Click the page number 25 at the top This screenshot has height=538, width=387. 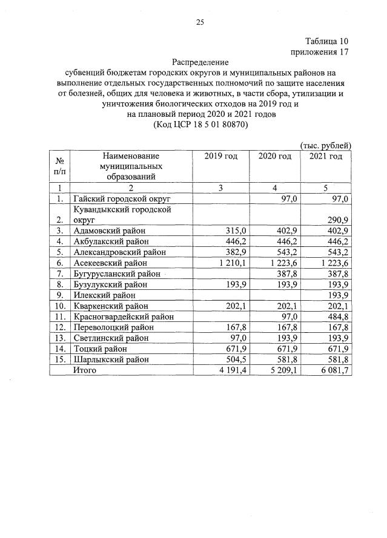click(x=200, y=22)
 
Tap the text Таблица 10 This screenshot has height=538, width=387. click(x=327, y=41)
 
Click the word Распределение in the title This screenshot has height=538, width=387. click(x=200, y=62)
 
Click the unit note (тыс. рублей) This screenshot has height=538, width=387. click(x=325, y=145)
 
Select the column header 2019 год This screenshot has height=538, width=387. click(x=221, y=156)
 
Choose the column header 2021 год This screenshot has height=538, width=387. click(x=325, y=156)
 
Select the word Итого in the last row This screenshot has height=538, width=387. click(x=85, y=369)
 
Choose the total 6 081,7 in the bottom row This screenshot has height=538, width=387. click(x=334, y=369)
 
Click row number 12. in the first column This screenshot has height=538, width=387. click(x=59, y=327)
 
